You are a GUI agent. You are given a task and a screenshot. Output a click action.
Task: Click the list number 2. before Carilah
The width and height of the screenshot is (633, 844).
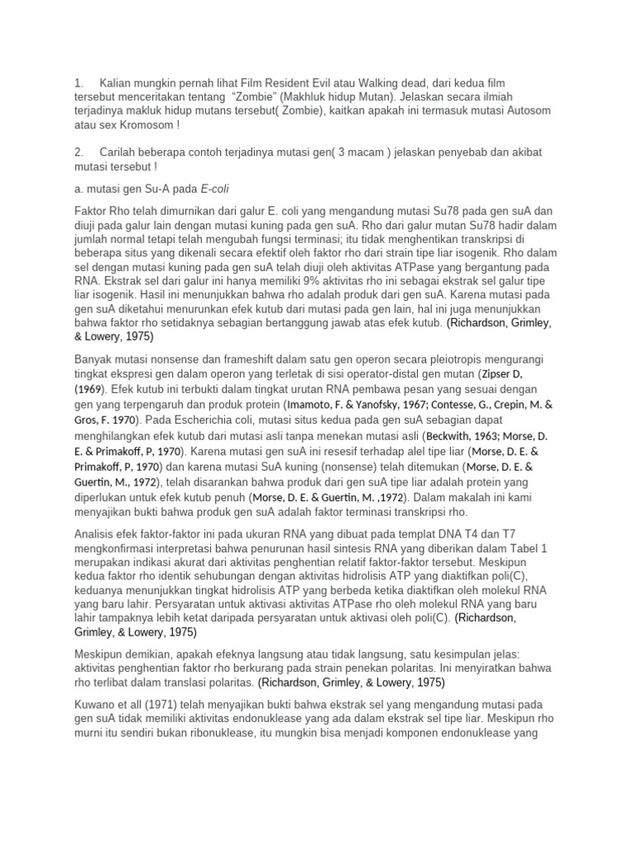click(79, 153)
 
